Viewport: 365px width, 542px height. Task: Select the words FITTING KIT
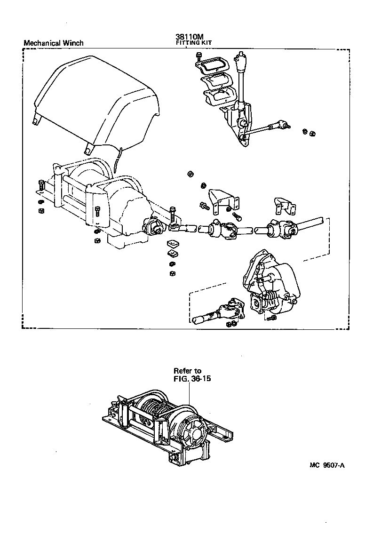coord(194,43)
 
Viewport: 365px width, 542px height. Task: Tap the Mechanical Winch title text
coord(53,43)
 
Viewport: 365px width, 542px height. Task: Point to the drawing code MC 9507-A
coord(327,465)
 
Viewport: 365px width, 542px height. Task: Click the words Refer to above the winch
coord(187,370)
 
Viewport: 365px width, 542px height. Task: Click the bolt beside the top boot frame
coord(199,57)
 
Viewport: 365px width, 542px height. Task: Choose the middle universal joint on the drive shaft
coord(221,230)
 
